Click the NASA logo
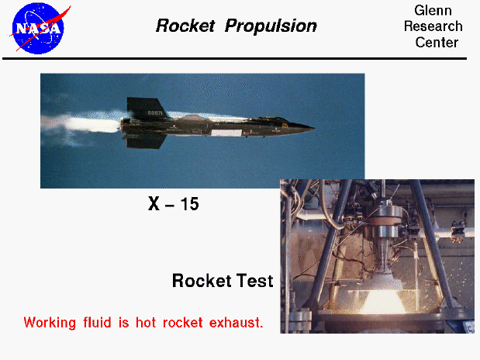point(37,28)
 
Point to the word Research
point(433,27)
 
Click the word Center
point(437,43)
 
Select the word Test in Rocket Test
point(254,281)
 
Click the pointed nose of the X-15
point(312,126)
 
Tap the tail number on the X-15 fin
point(156,113)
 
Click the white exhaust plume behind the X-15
point(85,123)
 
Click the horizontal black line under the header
point(240,57)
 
